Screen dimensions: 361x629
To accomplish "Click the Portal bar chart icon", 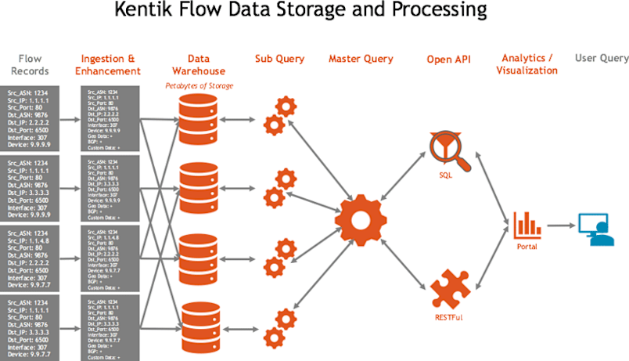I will pos(527,225).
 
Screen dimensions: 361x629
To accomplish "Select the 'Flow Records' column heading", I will pos(30,65).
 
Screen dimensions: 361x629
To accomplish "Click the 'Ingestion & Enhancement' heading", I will pos(110,65).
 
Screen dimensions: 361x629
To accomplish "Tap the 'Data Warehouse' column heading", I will pos(199,65).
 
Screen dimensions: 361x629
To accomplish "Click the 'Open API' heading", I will pos(449,60).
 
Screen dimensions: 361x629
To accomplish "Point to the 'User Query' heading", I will pos(602,59).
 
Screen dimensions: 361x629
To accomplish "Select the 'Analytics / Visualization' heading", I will pos(527,64).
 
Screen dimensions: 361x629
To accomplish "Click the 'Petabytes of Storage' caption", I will pos(199,85).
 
